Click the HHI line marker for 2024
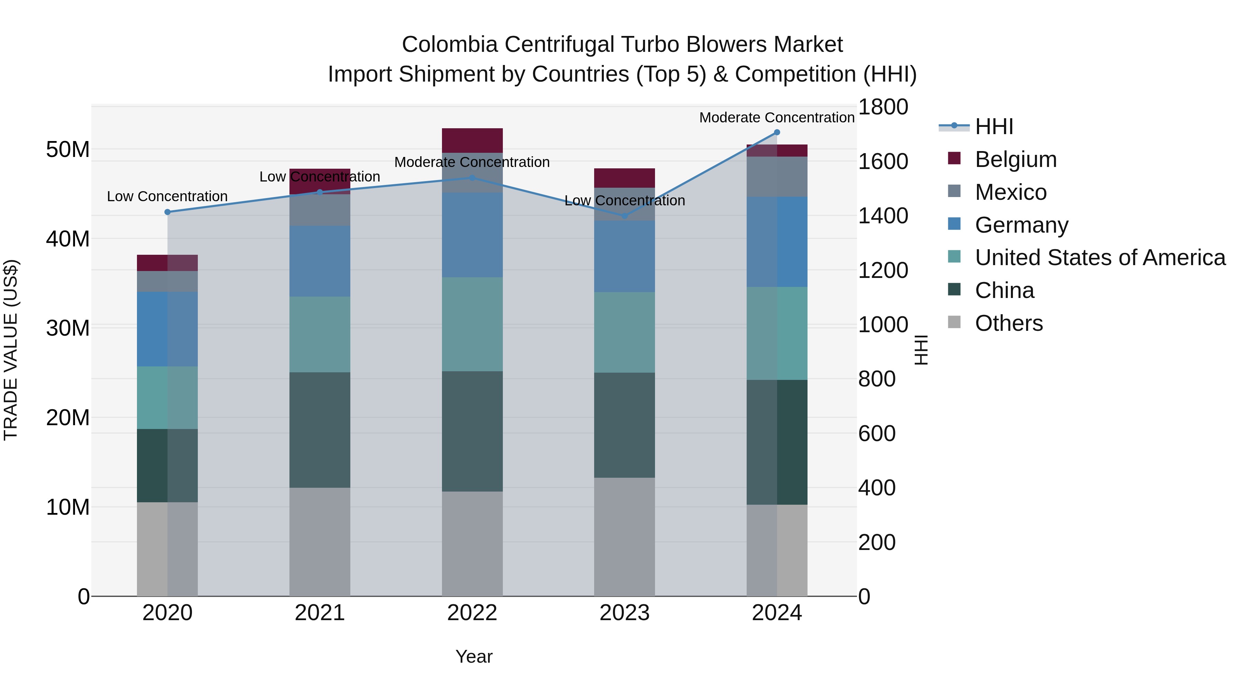click(x=777, y=132)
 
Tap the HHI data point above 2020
click(x=167, y=212)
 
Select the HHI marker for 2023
click(x=625, y=216)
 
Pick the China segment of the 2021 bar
click(x=320, y=430)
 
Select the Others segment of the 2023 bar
click(x=625, y=536)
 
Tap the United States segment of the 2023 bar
click(x=625, y=332)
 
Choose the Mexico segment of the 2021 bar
click(x=320, y=210)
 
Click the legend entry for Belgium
click(x=1015, y=159)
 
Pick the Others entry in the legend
click(x=1009, y=323)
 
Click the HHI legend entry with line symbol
click(x=993, y=127)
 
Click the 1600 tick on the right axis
click(x=883, y=161)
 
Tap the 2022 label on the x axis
click(x=472, y=613)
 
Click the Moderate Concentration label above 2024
click(x=777, y=118)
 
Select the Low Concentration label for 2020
click(x=167, y=197)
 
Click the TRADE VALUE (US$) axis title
click(x=11, y=350)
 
